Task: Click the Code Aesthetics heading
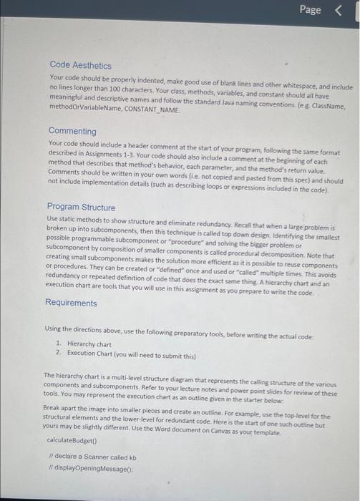(x=80, y=65)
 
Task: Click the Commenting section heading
(x=72, y=131)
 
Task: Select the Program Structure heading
(x=81, y=208)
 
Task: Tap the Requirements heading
(x=71, y=303)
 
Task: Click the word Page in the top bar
(x=311, y=10)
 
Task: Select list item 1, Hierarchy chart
(x=89, y=345)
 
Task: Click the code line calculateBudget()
(x=69, y=439)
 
